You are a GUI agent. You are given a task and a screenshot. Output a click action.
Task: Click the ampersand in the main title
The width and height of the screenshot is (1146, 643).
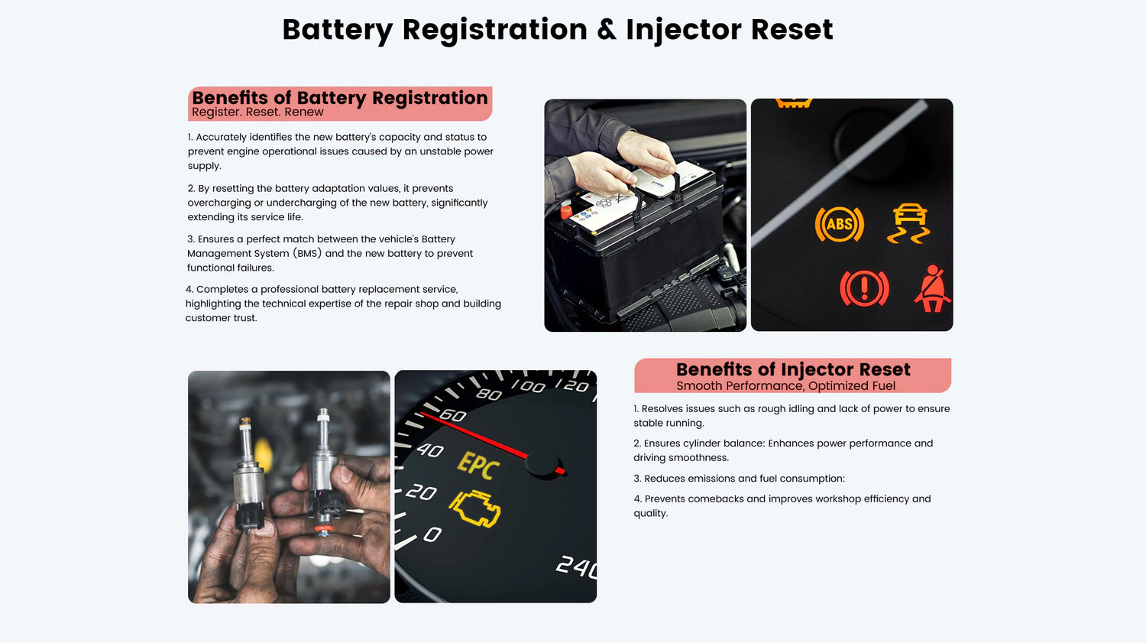[607, 29]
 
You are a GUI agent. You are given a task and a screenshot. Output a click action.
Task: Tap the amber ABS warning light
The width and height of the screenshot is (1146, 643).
[840, 224]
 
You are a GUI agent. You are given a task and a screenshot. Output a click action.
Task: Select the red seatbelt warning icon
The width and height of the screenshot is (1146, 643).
[932, 289]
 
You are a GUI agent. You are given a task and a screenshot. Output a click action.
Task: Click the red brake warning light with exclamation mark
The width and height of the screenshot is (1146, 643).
[865, 288]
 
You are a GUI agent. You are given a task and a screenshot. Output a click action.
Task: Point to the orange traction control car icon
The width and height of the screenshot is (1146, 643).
[909, 223]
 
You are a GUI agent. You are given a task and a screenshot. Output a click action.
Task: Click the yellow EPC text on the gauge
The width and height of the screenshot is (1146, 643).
[478, 465]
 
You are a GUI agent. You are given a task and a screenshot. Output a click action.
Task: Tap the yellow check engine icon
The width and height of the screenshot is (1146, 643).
[474, 508]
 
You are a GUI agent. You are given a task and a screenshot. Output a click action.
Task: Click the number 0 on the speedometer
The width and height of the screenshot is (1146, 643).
[432, 535]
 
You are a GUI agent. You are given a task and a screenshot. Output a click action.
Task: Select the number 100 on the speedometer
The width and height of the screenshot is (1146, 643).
[529, 386]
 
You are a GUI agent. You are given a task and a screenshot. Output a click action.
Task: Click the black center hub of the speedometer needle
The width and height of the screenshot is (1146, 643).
[542, 464]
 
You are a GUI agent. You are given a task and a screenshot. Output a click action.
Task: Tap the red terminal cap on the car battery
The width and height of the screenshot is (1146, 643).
[566, 212]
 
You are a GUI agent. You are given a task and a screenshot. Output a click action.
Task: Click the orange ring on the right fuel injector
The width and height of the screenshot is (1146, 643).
[323, 528]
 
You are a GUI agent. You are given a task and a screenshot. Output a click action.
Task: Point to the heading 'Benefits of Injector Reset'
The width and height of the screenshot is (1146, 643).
[793, 369]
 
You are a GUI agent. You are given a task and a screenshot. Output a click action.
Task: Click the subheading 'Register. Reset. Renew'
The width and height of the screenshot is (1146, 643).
[257, 112]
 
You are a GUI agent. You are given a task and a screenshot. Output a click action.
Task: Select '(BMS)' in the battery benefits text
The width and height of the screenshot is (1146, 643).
[307, 253]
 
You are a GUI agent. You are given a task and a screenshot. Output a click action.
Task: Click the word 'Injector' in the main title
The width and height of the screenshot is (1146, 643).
[684, 30]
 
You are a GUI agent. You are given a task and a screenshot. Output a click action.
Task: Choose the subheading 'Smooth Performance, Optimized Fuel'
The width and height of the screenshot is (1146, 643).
[786, 386]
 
